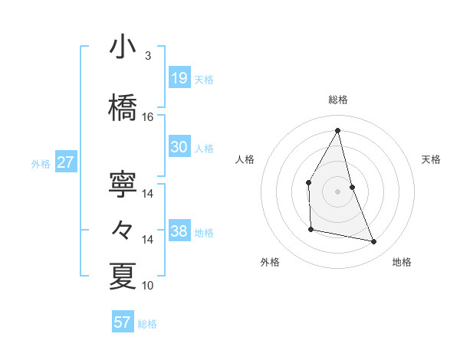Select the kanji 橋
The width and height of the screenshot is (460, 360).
coord(123,108)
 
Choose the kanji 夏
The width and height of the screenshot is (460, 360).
coord(123,277)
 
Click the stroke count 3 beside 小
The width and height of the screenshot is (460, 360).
coord(147,56)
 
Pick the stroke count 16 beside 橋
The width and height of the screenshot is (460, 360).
coord(148,117)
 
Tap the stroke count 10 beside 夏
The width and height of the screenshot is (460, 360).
coord(148,286)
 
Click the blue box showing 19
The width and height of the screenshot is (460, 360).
coord(179,77)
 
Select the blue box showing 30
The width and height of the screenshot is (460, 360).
coord(179,147)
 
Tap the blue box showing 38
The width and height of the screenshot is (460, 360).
coord(179,231)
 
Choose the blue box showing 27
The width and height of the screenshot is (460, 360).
coord(66,162)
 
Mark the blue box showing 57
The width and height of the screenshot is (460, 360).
coord(122,322)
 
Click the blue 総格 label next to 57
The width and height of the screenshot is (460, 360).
coord(147,324)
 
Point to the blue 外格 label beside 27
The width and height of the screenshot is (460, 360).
coord(41,164)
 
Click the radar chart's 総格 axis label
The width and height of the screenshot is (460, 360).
coord(337,100)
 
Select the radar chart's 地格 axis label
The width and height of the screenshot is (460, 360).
coord(402,262)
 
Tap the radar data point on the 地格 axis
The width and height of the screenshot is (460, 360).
coord(374,242)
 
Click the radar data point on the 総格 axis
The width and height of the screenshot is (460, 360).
coord(337,130)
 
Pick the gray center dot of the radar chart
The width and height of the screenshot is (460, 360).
coord(337,191)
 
